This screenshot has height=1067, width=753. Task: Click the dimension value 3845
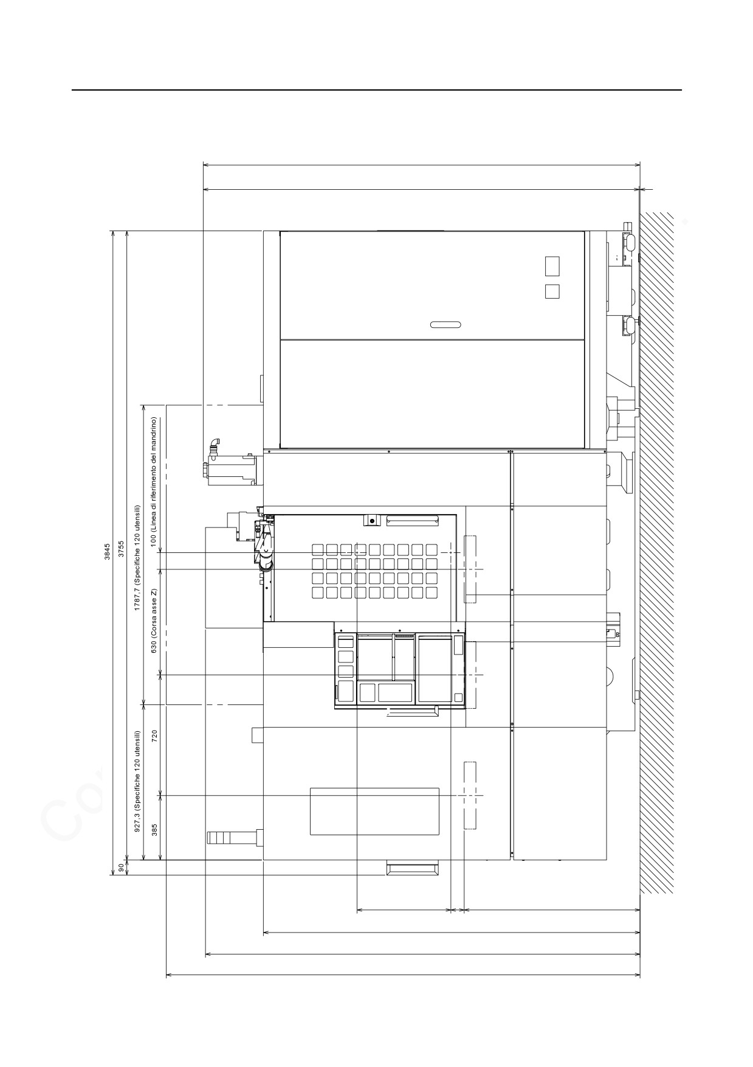(x=107, y=551)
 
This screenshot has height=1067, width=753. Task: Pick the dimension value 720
(x=154, y=736)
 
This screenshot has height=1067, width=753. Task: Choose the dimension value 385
(x=154, y=829)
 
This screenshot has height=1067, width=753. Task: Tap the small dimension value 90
(x=121, y=867)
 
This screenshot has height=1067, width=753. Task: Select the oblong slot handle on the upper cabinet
(x=445, y=324)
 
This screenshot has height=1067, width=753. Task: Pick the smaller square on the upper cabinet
(x=552, y=291)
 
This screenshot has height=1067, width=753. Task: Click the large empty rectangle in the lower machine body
(x=374, y=812)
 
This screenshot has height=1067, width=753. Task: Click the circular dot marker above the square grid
(x=372, y=521)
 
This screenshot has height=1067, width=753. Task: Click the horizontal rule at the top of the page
(x=377, y=90)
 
